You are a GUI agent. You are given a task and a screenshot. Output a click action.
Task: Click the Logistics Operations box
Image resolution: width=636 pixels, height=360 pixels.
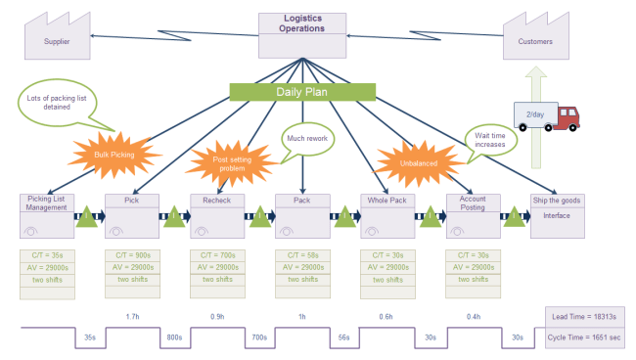pyautogui.click(x=302, y=35)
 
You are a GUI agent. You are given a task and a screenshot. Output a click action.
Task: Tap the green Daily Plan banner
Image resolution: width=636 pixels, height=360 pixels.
pyautogui.click(x=302, y=92)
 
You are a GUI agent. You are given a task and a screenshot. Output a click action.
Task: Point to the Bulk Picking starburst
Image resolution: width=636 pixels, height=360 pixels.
pyautogui.click(x=114, y=155)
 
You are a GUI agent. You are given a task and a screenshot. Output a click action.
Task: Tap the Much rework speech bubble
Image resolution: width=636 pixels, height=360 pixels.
pyautogui.click(x=307, y=139)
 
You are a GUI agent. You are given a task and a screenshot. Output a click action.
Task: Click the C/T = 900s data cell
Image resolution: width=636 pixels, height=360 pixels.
pyautogui.click(x=131, y=255)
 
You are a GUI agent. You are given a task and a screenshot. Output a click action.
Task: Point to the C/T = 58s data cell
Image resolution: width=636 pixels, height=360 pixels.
pyautogui.click(x=302, y=255)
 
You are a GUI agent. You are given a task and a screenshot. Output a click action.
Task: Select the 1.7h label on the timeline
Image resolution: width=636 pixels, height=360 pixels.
pyautogui.click(x=132, y=316)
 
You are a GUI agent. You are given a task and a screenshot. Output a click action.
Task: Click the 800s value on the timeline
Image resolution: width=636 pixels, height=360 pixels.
pyautogui.click(x=174, y=337)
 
